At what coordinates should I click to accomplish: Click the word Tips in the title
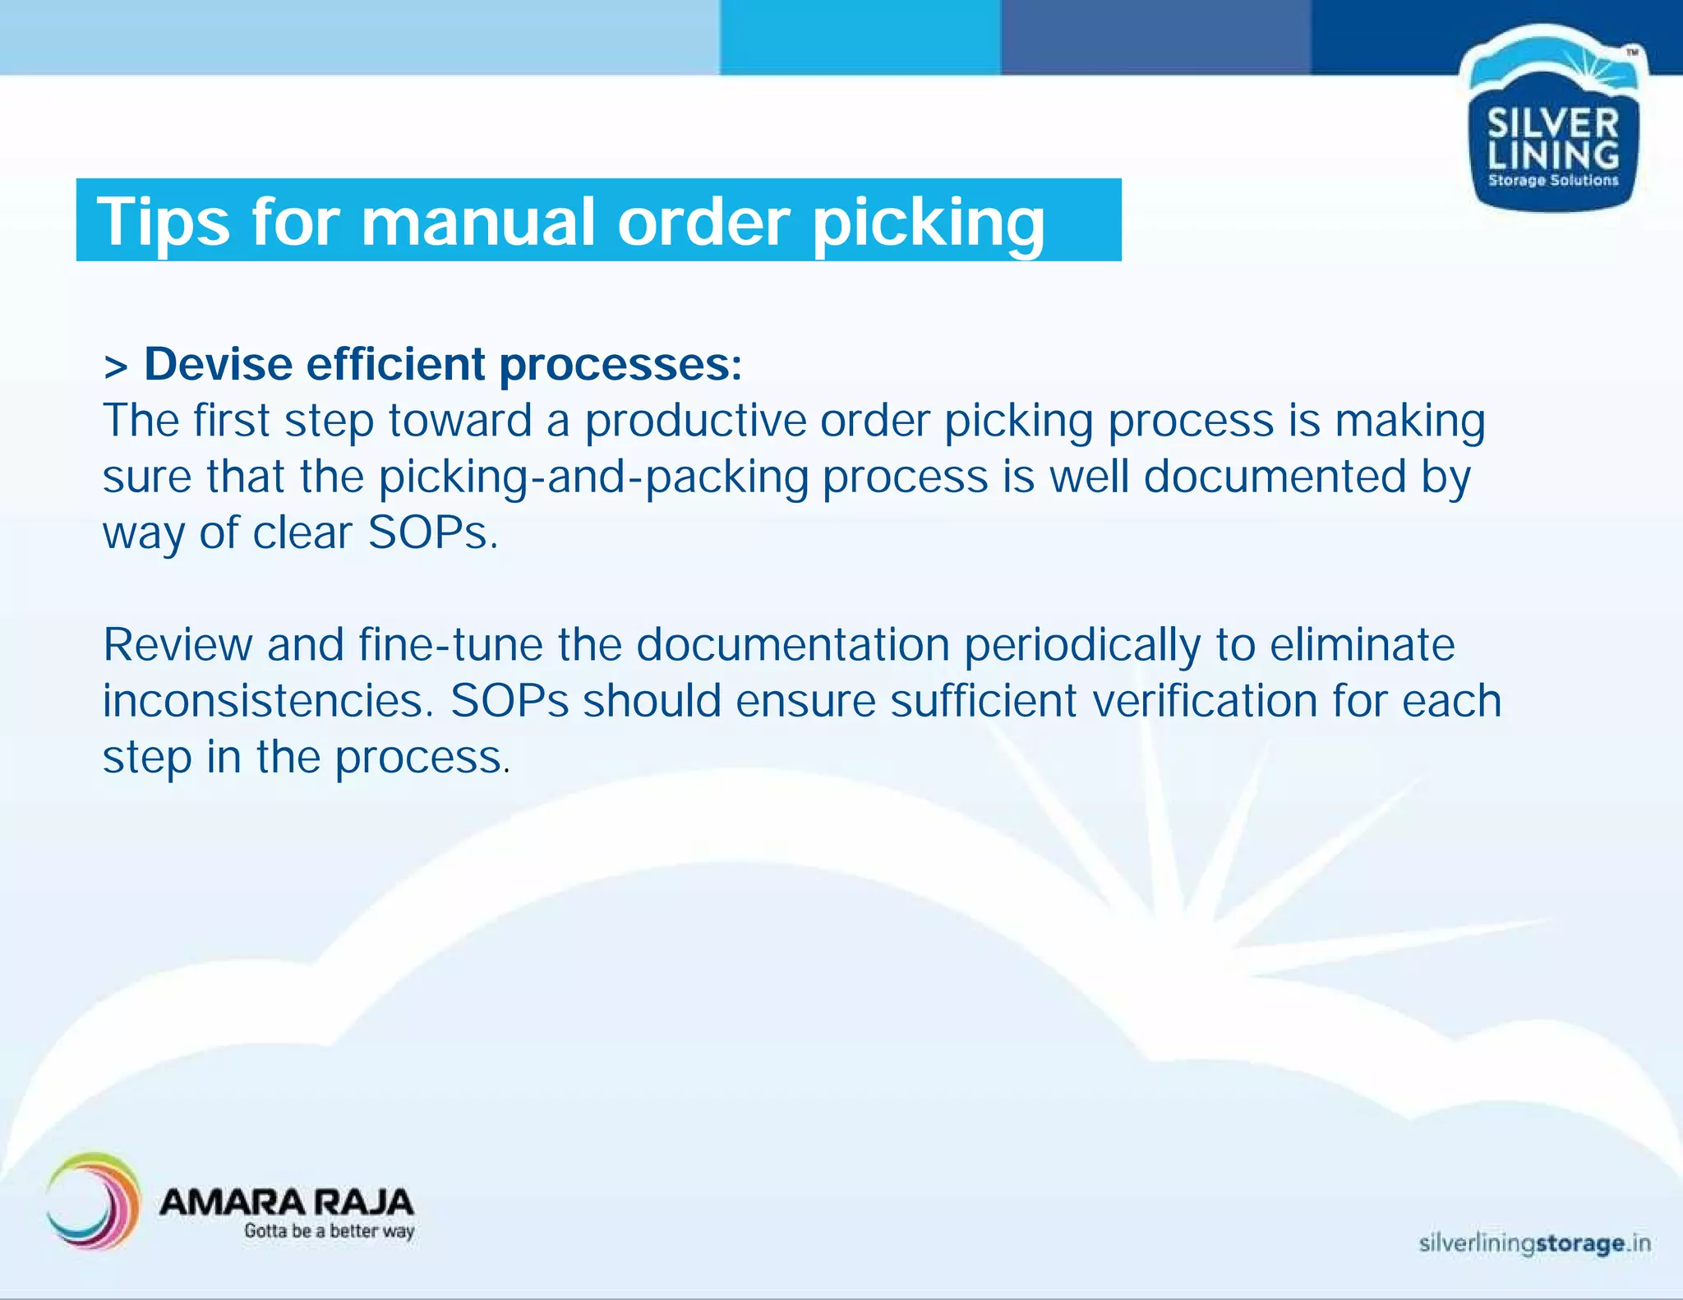[163, 222]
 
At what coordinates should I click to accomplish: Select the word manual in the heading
[477, 222]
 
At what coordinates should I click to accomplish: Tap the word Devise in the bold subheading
[218, 364]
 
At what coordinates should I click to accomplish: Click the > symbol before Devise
[116, 367]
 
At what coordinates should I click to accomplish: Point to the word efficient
[395, 364]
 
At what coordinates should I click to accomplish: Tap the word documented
[1275, 477]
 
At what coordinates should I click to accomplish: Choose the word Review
[178, 644]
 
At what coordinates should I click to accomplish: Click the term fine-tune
[450, 644]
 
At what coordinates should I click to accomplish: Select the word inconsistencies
[268, 701]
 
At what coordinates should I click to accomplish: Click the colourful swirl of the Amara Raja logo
[92, 1201]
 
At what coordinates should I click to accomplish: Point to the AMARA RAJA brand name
[286, 1202]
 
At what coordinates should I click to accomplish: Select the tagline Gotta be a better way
[329, 1231]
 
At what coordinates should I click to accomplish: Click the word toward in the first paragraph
[460, 421]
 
